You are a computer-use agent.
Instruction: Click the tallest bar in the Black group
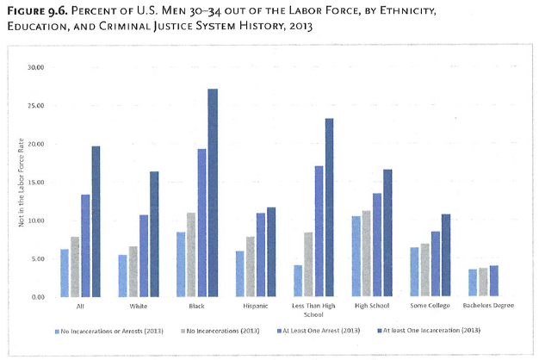click(x=212, y=193)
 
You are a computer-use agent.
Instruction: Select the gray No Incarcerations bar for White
click(x=133, y=271)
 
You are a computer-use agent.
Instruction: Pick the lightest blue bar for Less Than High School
click(x=297, y=281)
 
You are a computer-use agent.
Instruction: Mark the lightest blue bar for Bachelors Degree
click(x=472, y=283)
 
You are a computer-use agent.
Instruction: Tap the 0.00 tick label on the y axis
click(x=36, y=297)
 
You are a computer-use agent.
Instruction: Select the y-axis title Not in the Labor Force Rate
click(x=15, y=182)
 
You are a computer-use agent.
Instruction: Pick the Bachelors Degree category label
click(x=488, y=306)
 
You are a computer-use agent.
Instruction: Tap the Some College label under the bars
click(x=431, y=306)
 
